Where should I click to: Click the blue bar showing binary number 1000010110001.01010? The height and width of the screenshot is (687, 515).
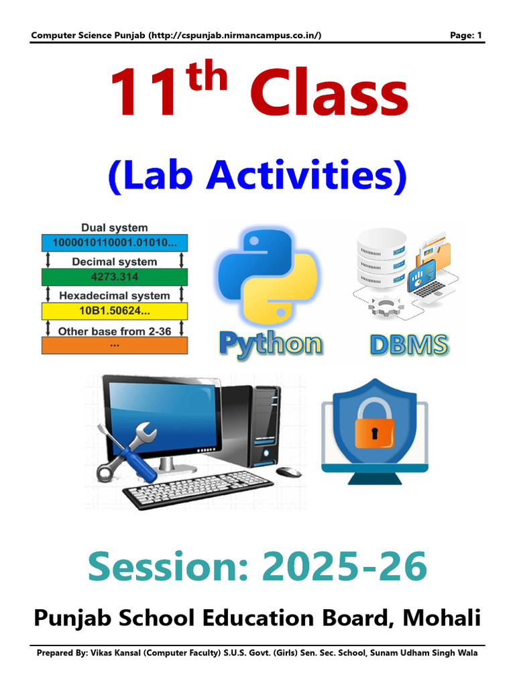pyautogui.click(x=115, y=243)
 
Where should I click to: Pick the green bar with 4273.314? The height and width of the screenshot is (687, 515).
pyautogui.click(x=115, y=276)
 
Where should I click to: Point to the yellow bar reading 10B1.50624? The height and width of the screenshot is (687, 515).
pyautogui.click(x=115, y=311)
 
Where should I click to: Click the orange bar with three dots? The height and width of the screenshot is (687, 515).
pyautogui.click(x=115, y=345)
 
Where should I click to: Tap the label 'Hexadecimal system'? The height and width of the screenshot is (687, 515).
pyautogui.click(x=115, y=295)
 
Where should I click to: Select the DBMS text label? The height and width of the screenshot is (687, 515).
pyautogui.click(x=408, y=345)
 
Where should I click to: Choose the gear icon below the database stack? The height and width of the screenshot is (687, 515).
pyautogui.click(x=384, y=309)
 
